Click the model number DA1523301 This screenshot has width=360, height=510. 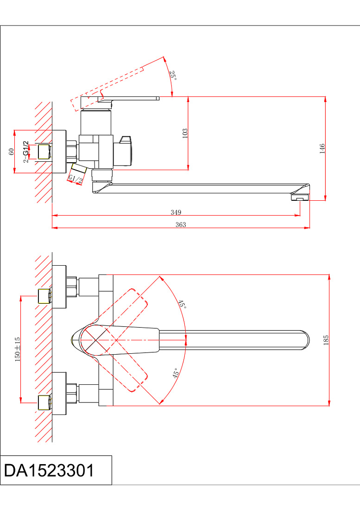point(49,470)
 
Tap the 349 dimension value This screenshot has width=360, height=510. point(176,212)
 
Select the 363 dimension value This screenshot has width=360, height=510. point(181,224)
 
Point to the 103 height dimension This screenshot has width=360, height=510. point(185,134)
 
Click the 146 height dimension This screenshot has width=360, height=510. point(322,148)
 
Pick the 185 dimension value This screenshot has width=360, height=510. point(326,340)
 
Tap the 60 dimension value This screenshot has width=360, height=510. point(12,152)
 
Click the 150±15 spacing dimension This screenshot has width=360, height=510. point(18,349)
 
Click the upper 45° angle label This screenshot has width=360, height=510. point(182,304)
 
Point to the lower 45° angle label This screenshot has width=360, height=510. point(176,373)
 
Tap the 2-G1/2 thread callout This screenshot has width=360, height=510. point(25,152)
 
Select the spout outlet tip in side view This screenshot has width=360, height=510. point(300,197)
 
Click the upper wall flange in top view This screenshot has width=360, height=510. point(59,287)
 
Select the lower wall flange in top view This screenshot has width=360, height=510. point(59,393)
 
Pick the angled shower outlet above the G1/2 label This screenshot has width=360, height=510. point(79,168)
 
